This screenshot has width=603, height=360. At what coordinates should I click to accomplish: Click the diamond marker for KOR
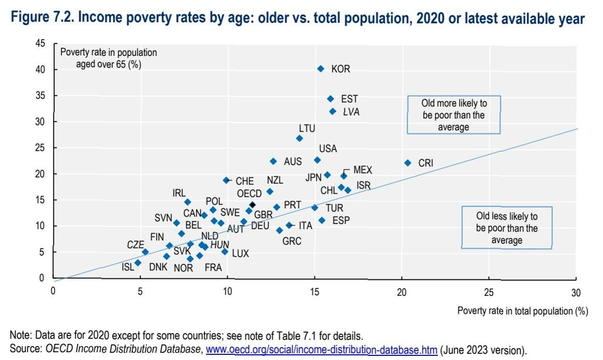(321, 68)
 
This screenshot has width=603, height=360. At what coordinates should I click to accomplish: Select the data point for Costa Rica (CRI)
(408, 163)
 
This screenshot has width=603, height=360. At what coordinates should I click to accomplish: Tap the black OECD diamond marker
(252, 205)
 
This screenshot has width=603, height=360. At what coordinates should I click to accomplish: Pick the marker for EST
(331, 98)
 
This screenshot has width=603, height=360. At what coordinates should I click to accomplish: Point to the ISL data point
(138, 263)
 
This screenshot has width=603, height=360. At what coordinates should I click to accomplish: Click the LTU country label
(307, 128)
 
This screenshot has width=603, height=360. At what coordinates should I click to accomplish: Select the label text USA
(328, 149)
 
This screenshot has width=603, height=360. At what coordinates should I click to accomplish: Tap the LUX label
(240, 254)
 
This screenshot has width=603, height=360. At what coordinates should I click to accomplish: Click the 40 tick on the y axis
(41, 69)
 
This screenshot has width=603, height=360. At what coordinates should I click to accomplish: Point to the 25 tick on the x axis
(489, 292)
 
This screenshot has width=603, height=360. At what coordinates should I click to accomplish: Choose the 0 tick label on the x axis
(53, 292)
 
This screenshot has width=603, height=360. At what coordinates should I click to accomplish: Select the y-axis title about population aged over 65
(109, 58)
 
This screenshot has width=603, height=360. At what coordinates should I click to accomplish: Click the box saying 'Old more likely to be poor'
(454, 115)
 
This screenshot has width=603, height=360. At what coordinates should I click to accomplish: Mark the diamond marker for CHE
(226, 180)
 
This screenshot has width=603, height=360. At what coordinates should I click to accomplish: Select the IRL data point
(188, 202)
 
